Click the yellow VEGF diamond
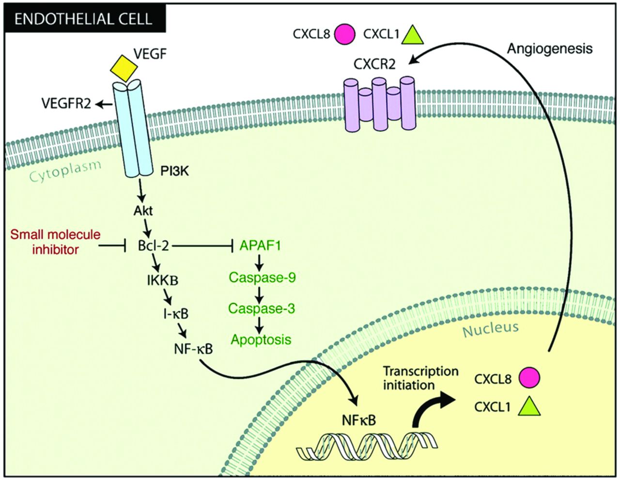(124, 68)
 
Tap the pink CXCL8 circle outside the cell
(345, 34)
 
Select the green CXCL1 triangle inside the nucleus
(529, 406)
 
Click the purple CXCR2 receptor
(379, 104)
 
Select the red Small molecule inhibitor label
(55, 242)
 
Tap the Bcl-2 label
(153, 246)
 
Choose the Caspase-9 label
(262, 277)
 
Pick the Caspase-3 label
(262, 309)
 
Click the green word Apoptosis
(261, 340)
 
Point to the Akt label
(143, 211)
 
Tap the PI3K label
(174, 171)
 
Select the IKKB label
(163, 280)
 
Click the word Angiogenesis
(550, 49)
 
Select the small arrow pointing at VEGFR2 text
(103, 105)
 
